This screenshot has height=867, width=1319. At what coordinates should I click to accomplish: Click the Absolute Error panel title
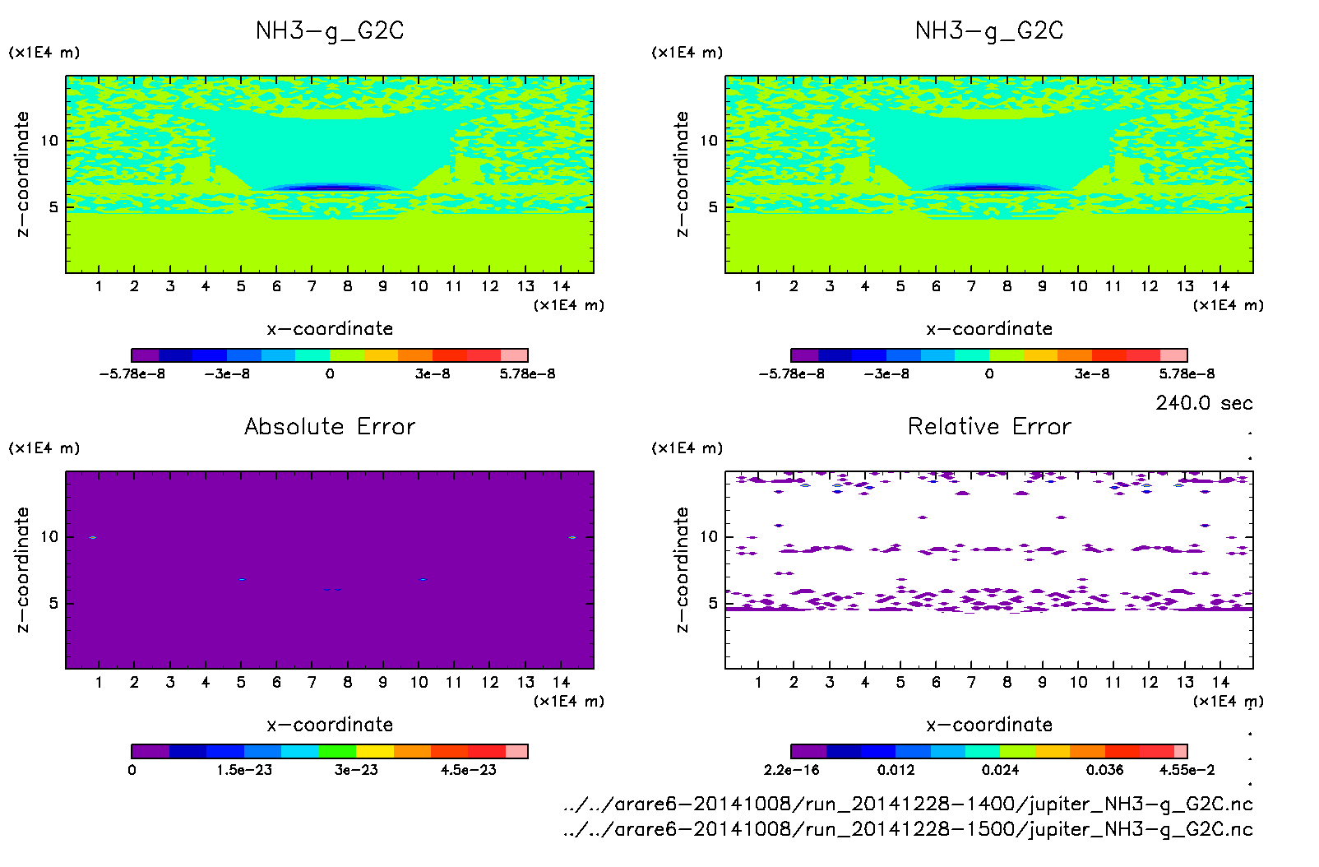tap(330, 426)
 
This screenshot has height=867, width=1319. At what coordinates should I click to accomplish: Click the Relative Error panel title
tap(989, 426)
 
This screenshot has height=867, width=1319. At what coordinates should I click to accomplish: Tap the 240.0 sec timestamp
tap(1204, 403)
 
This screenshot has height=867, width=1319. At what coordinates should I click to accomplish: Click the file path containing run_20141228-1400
tap(908, 804)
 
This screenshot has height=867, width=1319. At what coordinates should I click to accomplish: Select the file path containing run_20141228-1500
tap(908, 829)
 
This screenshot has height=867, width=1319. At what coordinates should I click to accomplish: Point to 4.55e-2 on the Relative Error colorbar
tap(1187, 770)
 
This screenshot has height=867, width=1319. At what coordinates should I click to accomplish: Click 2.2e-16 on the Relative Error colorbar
tap(791, 770)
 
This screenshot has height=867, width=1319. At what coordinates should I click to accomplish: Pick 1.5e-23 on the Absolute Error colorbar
tap(244, 770)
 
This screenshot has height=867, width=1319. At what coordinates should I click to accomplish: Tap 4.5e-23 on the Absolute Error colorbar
tap(468, 770)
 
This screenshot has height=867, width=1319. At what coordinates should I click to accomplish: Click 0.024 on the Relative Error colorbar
tap(1000, 770)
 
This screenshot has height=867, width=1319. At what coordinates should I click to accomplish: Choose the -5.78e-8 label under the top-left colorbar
tap(132, 374)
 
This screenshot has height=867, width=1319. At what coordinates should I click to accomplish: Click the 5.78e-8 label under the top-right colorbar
tap(1187, 374)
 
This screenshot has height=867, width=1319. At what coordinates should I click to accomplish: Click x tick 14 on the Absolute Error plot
tap(561, 682)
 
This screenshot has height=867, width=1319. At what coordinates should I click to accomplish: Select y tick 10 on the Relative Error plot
tap(709, 537)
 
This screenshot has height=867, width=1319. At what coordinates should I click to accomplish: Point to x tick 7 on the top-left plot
tap(312, 286)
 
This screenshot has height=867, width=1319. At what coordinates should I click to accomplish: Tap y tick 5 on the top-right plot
tap(713, 207)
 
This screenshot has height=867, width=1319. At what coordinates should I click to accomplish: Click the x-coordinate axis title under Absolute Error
tap(330, 725)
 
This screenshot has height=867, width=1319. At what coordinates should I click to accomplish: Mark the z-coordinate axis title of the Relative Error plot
tap(682, 569)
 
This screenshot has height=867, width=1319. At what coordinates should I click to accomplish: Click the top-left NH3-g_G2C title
tap(330, 30)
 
